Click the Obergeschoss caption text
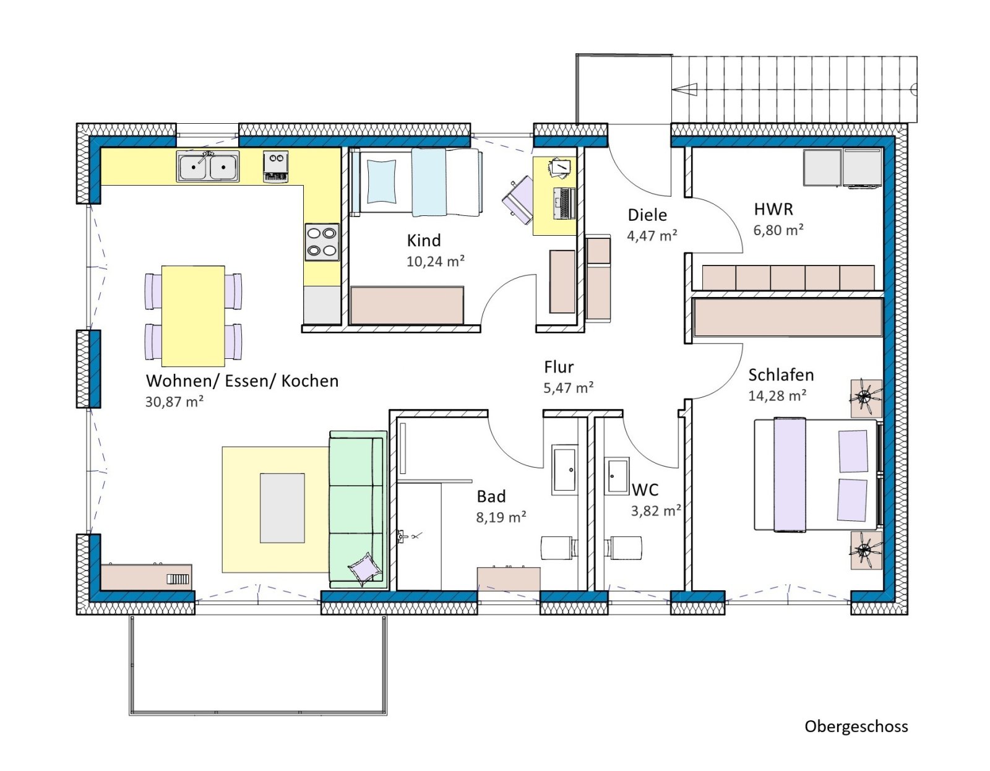(856, 727)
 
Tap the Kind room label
(424, 241)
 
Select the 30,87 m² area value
(174, 402)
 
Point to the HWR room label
(773, 210)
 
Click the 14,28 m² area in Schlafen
(777, 395)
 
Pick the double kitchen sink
(208, 166)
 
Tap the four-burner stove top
(322, 243)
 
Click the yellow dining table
(193, 316)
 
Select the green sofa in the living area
(358, 509)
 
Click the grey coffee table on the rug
(282, 508)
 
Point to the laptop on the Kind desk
(564, 203)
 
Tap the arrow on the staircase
(684, 90)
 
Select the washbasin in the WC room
(618, 476)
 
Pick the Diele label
(647, 215)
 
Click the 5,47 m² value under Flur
(568, 387)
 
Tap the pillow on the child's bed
(381, 181)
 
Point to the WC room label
(645, 490)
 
